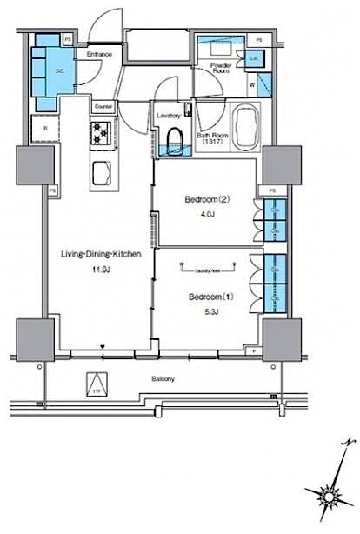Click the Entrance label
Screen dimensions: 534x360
(98, 55)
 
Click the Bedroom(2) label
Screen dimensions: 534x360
(205, 199)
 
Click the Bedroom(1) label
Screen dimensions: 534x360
(207, 297)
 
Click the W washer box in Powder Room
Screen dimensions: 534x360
(251, 85)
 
